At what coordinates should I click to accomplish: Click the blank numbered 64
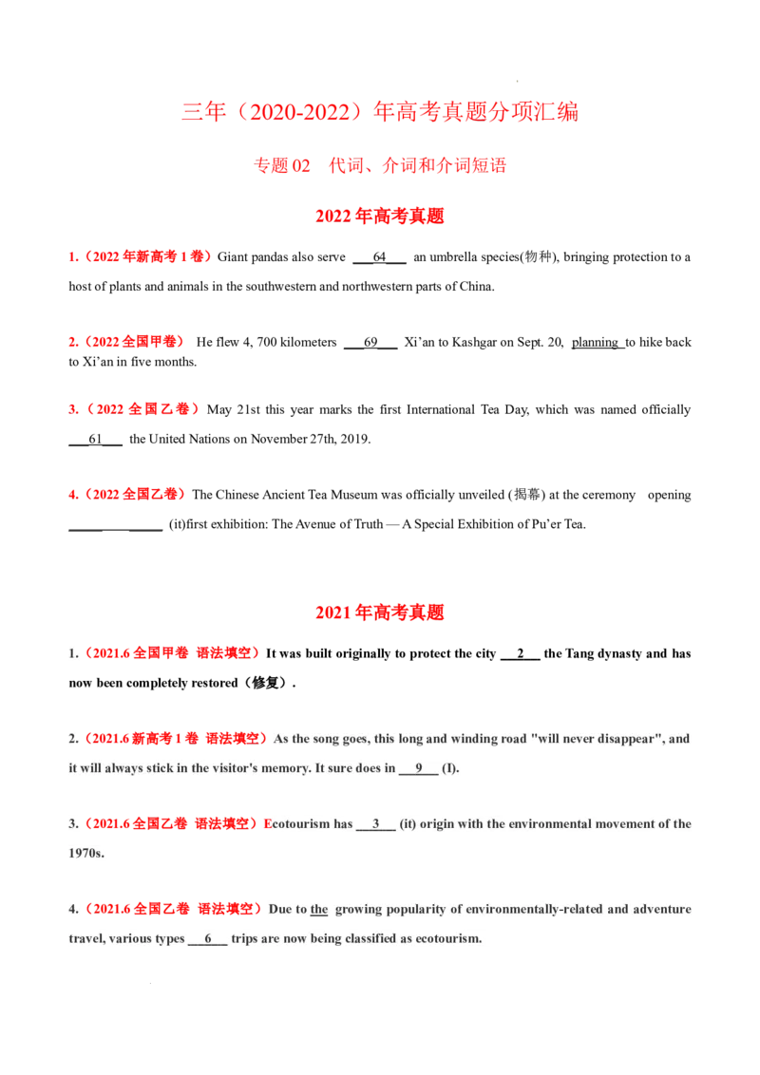[379, 258]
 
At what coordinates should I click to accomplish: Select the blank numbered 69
[370, 344]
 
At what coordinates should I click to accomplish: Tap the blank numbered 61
[95, 440]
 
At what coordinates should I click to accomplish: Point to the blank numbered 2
[521, 654]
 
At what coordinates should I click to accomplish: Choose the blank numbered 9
[418, 769]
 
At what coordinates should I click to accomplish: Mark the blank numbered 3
[376, 824]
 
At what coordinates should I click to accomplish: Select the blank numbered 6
[208, 939]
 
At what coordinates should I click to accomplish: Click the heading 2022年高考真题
[380, 216]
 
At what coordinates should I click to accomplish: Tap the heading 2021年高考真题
[380, 613]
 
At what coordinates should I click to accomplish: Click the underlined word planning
[596, 342]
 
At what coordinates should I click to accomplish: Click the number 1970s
[86, 854]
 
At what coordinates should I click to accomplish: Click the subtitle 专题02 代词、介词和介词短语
[380, 165]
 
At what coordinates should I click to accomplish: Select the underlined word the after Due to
[319, 910]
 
